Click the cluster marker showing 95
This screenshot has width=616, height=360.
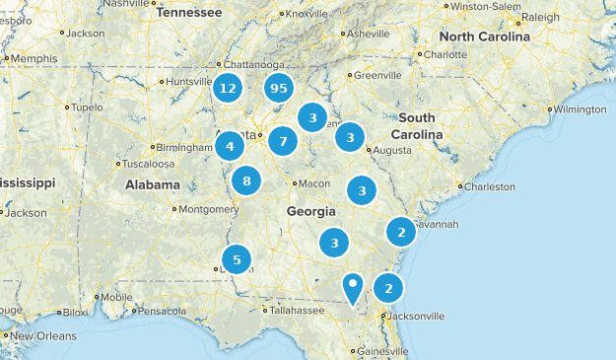(x=278, y=89)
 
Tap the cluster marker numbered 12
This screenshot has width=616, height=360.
(x=229, y=89)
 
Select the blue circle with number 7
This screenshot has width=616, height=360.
(x=283, y=141)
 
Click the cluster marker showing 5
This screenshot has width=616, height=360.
(x=237, y=258)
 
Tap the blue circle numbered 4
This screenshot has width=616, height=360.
(x=230, y=147)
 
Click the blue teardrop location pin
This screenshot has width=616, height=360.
(x=353, y=287)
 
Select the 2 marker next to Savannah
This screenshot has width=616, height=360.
(x=400, y=233)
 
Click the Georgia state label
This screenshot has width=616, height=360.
(x=311, y=212)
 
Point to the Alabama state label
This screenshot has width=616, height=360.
(x=153, y=184)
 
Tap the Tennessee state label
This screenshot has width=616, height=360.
(x=190, y=13)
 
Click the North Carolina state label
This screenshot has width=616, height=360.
(x=484, y=36)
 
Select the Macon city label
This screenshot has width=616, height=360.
(x=314, y=183)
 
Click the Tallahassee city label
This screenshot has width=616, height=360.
(x=297, y=310)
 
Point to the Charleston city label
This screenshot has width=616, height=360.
(x=489, y=185)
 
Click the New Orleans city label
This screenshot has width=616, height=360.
(x=43, y=336)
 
